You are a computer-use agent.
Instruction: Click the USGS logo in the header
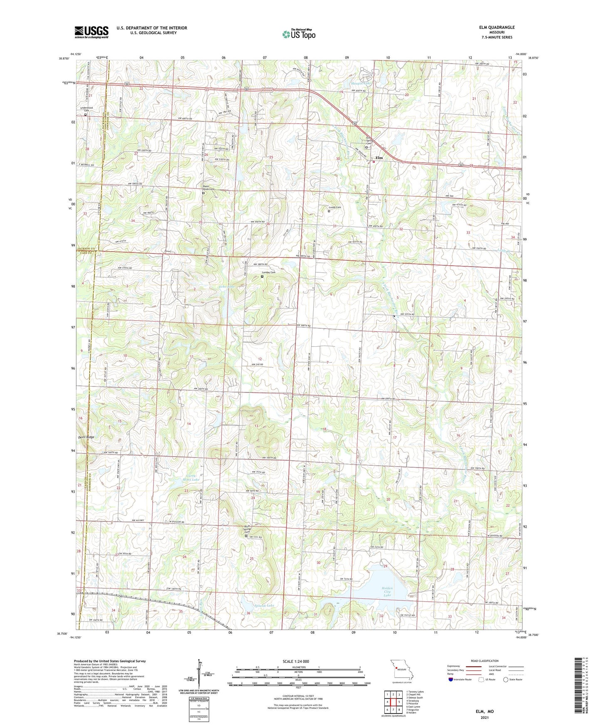tap(91, 32)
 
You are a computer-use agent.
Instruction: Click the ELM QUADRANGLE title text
tap(497, 27)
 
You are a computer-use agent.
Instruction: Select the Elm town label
tap(379, 158)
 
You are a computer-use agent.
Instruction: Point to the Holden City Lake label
tap(387, 591)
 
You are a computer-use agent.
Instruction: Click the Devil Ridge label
tap(86, 437)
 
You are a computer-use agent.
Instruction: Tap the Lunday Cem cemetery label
tap(268, 272)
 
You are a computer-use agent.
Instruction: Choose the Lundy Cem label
tap(335, 207)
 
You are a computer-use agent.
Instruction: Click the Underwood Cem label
tap(87, 109)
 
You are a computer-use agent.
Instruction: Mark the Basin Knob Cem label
tap(209, 188)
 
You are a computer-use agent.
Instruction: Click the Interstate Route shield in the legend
tap(451, 680)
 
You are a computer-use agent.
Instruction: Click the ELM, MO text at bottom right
tap(485, 711)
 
